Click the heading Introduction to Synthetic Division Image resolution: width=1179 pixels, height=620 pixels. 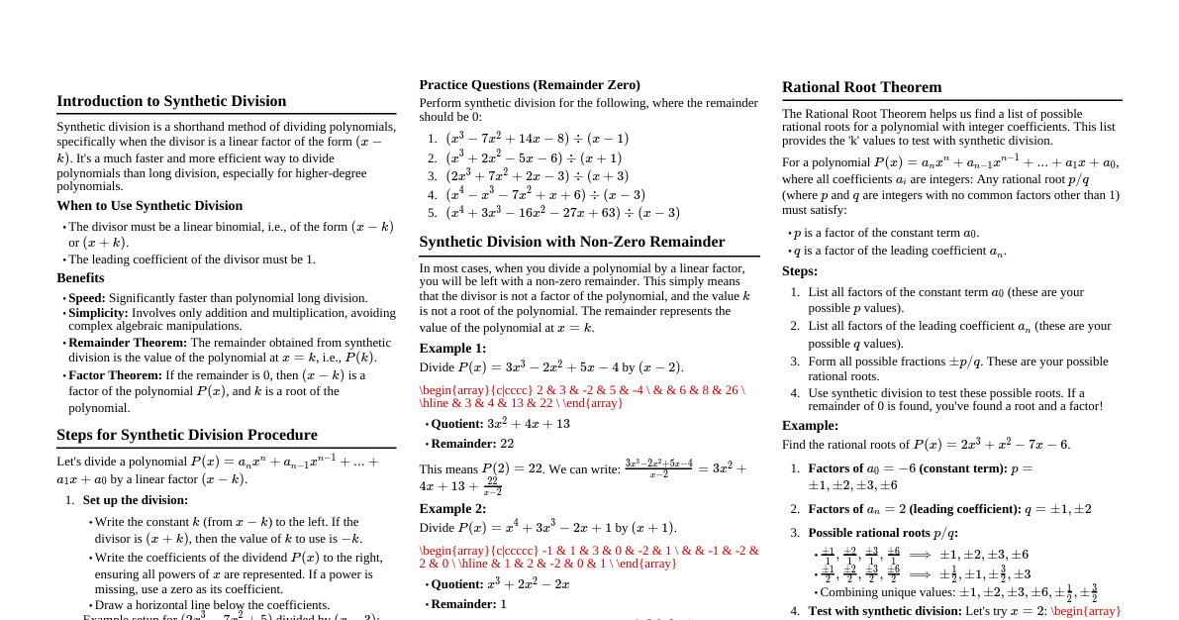[171, 101]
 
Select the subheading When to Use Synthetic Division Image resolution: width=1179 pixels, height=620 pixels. [149, 206]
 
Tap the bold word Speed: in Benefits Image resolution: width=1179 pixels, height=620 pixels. [87, 298]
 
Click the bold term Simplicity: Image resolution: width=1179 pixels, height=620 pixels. [98, 313]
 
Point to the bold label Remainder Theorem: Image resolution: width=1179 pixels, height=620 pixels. [128, 343]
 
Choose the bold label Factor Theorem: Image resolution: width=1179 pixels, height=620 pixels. [115, 375]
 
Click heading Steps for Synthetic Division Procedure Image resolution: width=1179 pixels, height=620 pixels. [187, 435]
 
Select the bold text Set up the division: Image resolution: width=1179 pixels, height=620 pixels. [136, 500]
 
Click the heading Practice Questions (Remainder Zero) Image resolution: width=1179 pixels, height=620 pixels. [530, 85]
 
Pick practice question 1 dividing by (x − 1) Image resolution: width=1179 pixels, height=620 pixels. [537, 139]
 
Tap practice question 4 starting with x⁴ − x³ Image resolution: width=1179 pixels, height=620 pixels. [544, 195]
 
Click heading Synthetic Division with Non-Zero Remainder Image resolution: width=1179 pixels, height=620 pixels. [571, 242]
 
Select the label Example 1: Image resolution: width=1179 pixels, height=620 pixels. [452, 349]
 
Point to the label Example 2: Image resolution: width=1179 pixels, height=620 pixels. [452, 509]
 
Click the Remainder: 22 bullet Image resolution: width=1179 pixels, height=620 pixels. [472, 444]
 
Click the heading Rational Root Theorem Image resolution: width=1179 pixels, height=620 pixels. [861, 87]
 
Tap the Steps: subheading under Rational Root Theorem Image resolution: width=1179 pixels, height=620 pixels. [800, 271]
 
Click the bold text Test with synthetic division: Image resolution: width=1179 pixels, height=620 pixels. [885, 611]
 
